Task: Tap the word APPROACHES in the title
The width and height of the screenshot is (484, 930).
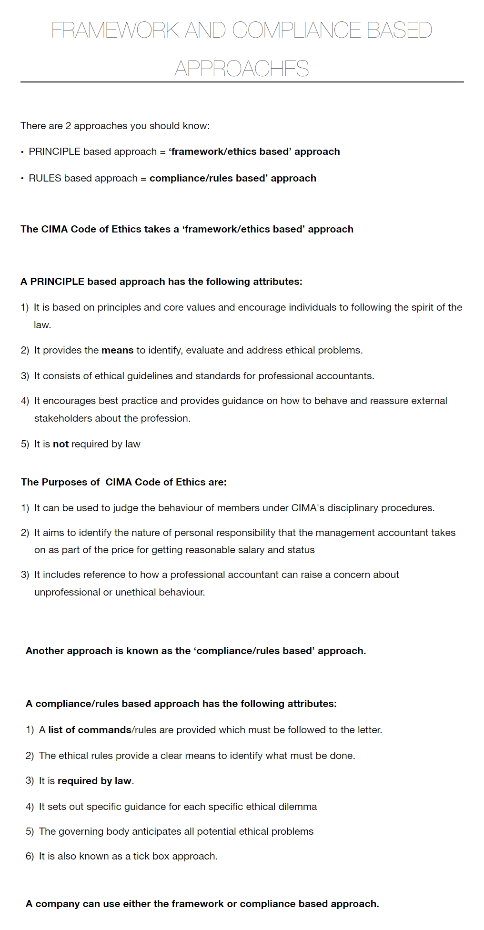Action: tap(242, 69)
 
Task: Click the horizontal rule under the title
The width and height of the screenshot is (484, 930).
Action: tap(242, 82)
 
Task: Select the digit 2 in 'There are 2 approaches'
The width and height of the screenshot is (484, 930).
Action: tap(68, 126)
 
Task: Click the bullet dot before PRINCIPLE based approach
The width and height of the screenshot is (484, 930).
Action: tap(22, 152)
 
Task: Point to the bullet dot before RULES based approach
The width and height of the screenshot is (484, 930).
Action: tap(22, 179)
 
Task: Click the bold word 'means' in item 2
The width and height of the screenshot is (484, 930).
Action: tap(117, 350)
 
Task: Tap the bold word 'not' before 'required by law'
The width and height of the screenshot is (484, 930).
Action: tap(60, 444)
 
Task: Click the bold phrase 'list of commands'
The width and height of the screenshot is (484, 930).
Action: tap(90, 730)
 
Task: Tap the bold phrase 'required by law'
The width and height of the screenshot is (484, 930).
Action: tap(94, 781)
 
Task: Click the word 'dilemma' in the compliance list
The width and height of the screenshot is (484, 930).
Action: tap(298, 807)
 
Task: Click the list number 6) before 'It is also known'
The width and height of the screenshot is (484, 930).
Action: tap(30, 856)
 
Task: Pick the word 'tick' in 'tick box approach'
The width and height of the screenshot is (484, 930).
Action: tap(141, 856)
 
